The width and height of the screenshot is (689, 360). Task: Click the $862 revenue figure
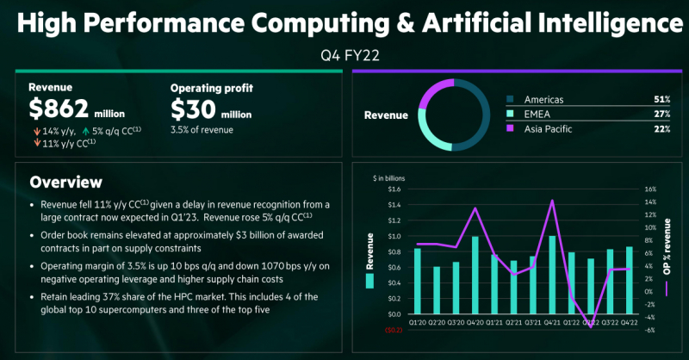[58, 110]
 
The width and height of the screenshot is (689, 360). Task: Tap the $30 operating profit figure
[194, 110]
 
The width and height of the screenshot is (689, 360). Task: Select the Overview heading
[65, 183]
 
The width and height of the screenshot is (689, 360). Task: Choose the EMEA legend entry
[537, 114]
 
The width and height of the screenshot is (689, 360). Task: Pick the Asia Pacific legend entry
[549, 128]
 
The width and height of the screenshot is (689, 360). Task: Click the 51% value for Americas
[661, 99]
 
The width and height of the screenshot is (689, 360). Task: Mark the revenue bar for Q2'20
[438, 289]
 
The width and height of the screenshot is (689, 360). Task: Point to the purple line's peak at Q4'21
[552, 201]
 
